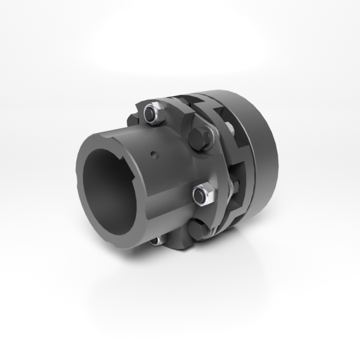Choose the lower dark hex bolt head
coord(197,229)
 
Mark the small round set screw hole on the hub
coord(154,153)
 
